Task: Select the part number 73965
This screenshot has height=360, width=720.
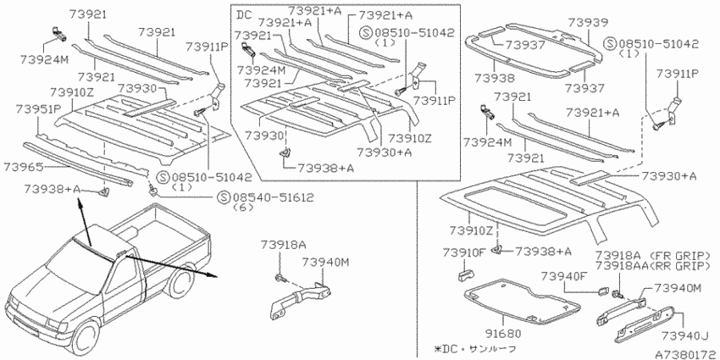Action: (23, 167)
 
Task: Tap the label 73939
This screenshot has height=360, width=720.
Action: (589, 23)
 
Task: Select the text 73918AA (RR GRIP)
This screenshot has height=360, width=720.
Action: (653, 266)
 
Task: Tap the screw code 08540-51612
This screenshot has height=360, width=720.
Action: (274, 197)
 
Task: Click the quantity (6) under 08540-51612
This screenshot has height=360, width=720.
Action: (241, 207)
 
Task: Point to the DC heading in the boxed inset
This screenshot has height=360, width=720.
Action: (245, 14)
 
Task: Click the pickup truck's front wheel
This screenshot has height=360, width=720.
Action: (86, 337)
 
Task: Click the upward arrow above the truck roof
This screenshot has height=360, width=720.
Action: (86, 222)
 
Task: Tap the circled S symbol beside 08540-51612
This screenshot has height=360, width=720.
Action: (224, 197)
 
